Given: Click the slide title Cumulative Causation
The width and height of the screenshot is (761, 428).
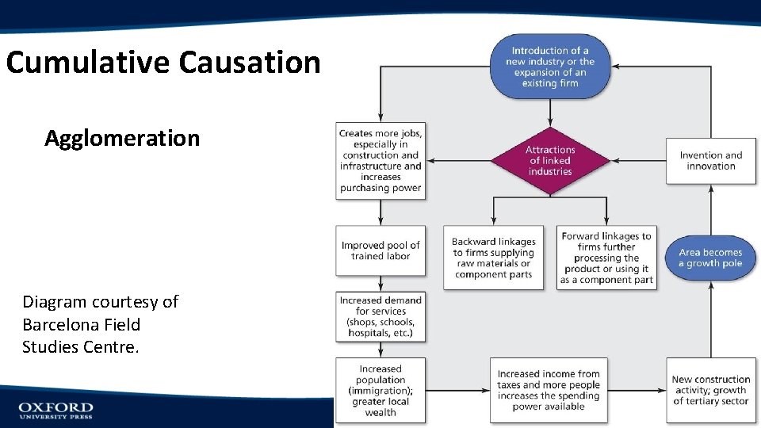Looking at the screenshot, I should [x=163, y=62].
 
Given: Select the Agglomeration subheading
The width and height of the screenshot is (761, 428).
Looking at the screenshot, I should [x=122, y=138].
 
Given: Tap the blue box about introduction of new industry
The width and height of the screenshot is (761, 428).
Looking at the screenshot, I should [x=549, y=67].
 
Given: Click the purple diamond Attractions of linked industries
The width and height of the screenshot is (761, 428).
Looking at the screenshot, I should [x=550, y=161].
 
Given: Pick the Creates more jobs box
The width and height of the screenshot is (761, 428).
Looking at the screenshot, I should [x=380, y=161].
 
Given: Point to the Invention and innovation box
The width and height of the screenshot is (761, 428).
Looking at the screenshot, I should [x=711, y=161].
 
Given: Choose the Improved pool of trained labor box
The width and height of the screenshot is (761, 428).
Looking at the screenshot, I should [x=380, y=251].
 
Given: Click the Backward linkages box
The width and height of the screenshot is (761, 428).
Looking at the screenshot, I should [x=493, y=258].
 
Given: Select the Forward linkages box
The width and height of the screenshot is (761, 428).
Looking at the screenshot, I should [x=606, y=258].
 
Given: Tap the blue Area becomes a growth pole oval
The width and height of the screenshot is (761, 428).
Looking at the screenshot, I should [x=711, y=258].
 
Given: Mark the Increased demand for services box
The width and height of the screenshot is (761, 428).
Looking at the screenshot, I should [x=380, y=317].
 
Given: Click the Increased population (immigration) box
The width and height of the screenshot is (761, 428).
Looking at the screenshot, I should [x=380, y=390].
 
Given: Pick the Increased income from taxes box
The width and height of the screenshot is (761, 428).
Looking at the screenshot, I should [x=549, y=390].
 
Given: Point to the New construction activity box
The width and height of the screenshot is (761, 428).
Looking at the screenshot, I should [x=711, y=390].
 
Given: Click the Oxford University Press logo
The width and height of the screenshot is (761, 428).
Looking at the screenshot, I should [x=55, y=410].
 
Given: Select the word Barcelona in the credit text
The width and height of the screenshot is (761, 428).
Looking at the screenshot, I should [x=60, y=325].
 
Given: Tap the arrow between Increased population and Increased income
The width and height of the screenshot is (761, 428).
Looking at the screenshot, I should [x=457, y=390].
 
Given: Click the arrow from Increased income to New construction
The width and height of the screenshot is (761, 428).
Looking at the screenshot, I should [x=637, y=390].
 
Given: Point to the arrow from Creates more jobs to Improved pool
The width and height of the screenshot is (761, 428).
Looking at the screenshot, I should [x=380, y=212].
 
